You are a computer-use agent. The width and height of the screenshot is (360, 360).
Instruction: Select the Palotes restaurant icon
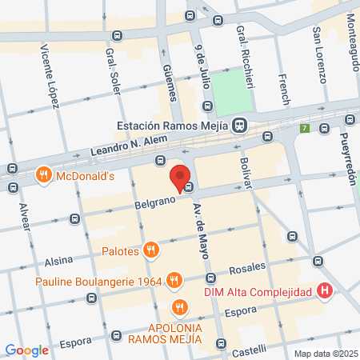point(150,251)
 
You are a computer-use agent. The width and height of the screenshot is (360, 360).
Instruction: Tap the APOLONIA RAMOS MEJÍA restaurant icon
point(180,307)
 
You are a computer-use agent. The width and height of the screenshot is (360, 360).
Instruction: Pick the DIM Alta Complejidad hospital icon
point(324,292)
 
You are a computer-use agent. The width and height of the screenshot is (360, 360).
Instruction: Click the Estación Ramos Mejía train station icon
point(239,126)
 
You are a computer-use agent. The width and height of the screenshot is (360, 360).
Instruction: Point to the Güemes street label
point(169,83)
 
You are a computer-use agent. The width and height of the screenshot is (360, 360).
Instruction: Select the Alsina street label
point(58,260)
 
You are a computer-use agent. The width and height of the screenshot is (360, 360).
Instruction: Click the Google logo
point(26,350)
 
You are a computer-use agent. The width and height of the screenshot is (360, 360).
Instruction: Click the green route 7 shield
point(304,127)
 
